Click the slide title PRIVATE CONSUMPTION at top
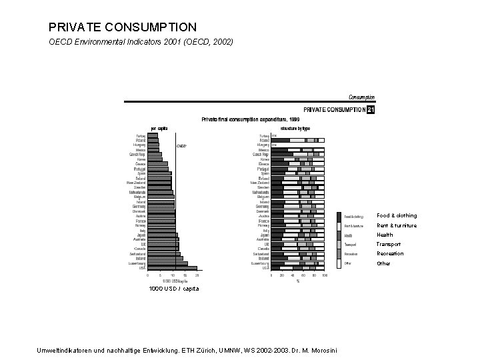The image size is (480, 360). [123, 27]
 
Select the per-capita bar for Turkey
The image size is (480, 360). [153, 135]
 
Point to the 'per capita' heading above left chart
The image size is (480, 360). [159, 128]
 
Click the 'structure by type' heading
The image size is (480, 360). [295, 128]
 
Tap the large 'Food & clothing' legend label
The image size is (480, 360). [397, 215]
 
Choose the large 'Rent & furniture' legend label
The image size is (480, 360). [397, 225]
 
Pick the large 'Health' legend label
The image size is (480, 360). [385, 235]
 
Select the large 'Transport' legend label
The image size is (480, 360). [389, 244]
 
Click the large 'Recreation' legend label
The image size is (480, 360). [390, 253]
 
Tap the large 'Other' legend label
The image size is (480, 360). [383, 263]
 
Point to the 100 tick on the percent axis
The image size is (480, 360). [325, 275]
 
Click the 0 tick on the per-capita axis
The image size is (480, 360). [148, 275]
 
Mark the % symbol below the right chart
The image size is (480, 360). [297, 281]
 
